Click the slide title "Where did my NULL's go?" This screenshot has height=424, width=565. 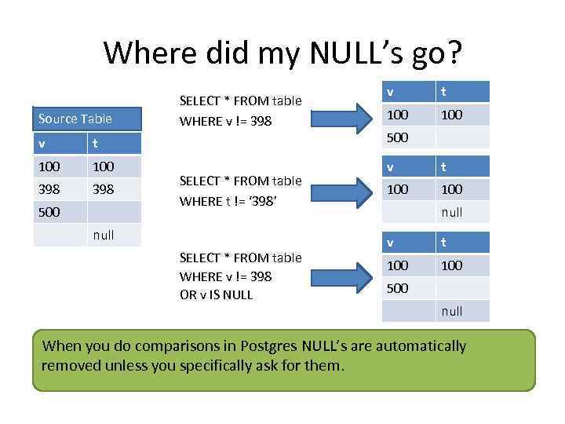click(282, 53)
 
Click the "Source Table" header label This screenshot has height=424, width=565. click(75, 119)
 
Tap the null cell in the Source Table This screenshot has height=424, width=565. click(103, 235)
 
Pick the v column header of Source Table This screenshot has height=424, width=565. click(42, 144)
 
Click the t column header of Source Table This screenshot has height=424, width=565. click(95, 144)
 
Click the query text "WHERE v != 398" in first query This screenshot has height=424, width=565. click(226, 121)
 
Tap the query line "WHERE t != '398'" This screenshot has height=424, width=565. click(230, 201)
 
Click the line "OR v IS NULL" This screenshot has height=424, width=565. click(216, 295)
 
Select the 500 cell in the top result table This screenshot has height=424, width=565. click(398, 137)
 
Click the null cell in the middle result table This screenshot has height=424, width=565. click(451, 212)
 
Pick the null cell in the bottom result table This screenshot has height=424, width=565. click(451, 311)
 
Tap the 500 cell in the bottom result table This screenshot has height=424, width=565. click(398, 288)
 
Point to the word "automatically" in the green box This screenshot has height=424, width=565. click(421, 346)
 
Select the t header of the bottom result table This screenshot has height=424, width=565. click(445, 243)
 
